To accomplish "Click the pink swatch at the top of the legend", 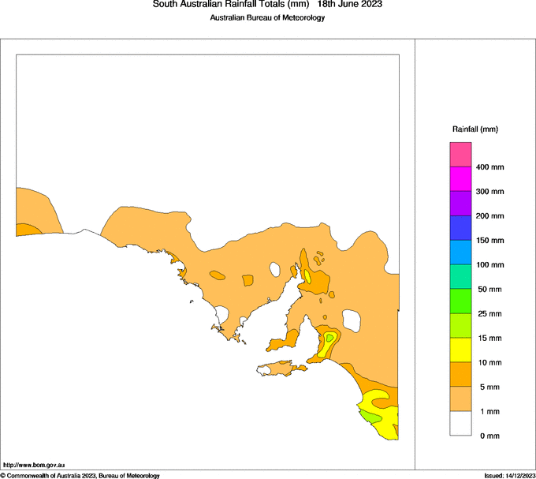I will click(x=460, y=155).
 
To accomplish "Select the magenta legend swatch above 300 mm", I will click(x=460, y=179).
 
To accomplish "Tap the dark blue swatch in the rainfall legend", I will click(x=460, y=228).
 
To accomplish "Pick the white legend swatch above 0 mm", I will click(x=460, y=424).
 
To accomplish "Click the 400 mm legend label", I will click(x=489, y=167).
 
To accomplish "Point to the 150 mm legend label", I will click(x=489, y=241).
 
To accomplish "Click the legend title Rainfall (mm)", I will click(x=475, y=129).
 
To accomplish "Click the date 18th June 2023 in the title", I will click(x=350, y=5).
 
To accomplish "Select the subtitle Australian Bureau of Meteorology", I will click(x=267, y=18).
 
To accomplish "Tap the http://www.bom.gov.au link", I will click(x=34, y=466).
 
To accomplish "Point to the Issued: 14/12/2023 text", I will click(x=509, y=475).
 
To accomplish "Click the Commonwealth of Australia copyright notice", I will click(x=80, y=475).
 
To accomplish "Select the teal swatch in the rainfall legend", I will click(x=460, y=277).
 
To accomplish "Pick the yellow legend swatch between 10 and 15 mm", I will click(x=460, y=350).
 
